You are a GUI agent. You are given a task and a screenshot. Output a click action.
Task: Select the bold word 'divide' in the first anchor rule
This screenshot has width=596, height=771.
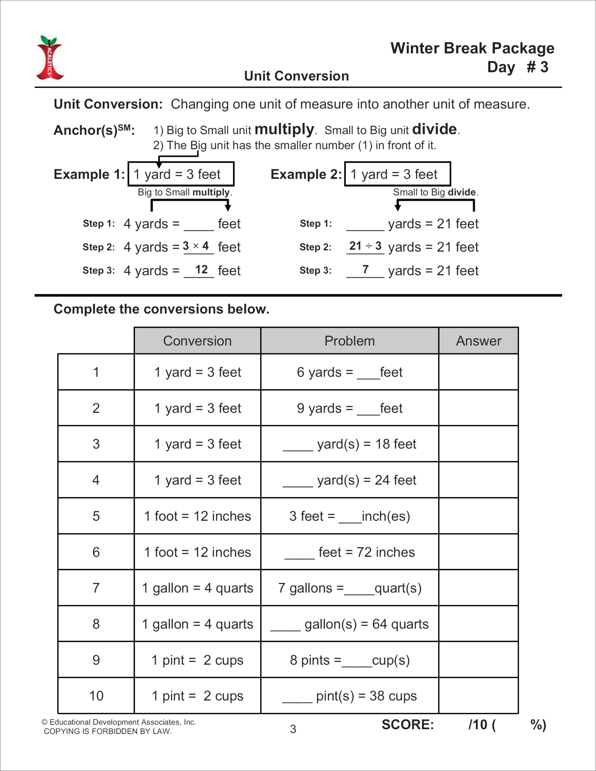coord(434,129)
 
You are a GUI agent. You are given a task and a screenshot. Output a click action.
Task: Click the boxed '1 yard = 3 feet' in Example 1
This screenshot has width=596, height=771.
coord(181,174)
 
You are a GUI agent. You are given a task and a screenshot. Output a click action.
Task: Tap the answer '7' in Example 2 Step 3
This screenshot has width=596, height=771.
coord(365,270)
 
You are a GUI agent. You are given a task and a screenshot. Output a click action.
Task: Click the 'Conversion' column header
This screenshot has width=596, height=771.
coord(197,341)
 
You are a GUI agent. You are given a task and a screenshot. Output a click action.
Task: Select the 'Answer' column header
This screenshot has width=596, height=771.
coord(478,341)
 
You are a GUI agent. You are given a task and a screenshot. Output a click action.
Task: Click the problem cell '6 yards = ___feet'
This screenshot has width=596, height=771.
coord(350,372)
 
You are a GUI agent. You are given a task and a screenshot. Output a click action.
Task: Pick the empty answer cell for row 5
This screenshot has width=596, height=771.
coord(478,516)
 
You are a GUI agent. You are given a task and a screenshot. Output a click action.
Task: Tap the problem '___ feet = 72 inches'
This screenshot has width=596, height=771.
coord(350,552)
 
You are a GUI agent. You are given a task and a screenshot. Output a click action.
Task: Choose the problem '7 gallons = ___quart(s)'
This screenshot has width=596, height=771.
coord(350,588)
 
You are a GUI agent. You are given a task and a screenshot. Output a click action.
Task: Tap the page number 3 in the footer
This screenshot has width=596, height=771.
coord(293,729)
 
